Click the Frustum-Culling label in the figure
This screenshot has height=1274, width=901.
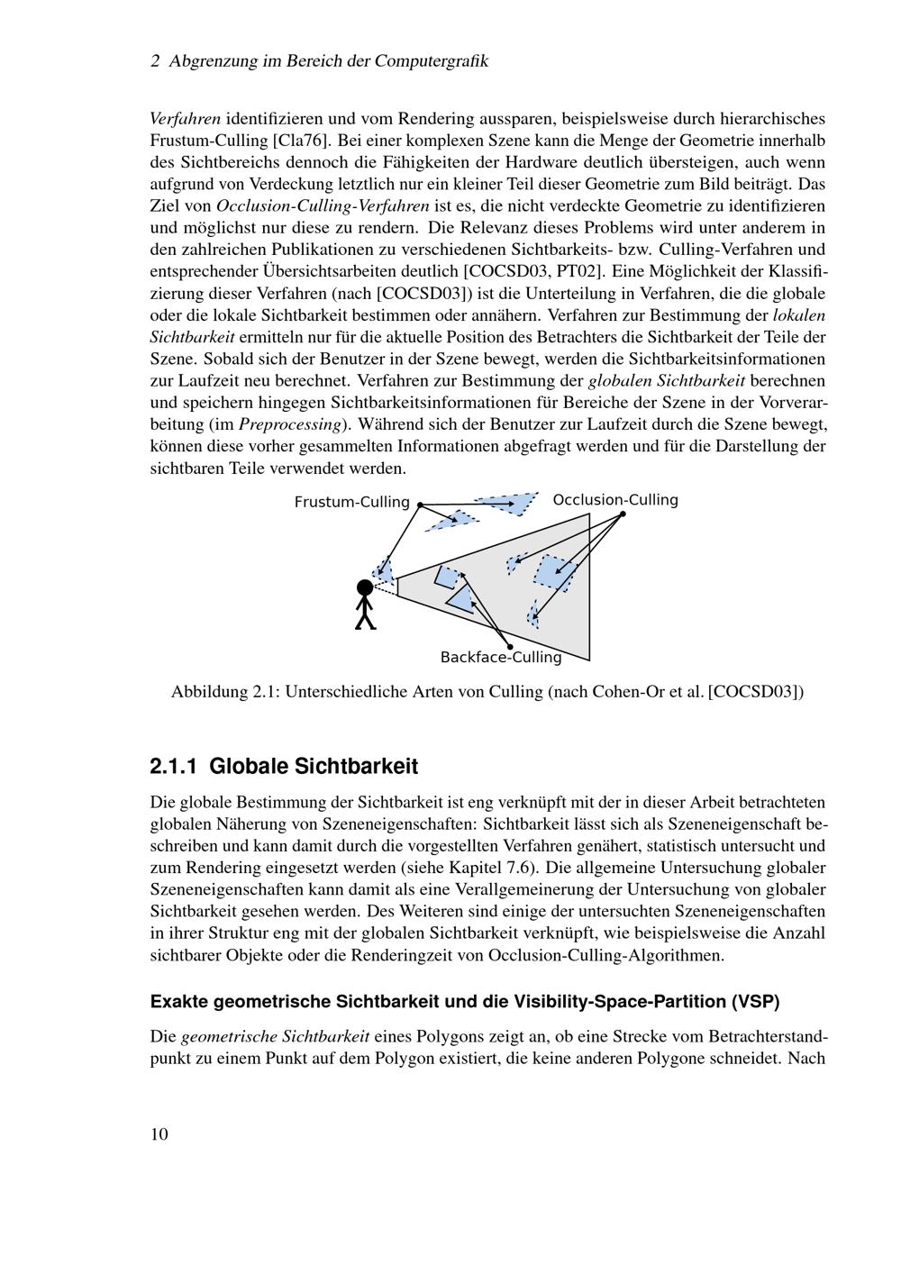point(351,502)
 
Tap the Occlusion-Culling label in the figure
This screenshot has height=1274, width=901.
point(615,500)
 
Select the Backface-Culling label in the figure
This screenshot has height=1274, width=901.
point(500,658)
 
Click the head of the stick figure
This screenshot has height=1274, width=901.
point(365,588)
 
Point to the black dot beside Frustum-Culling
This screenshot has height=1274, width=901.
point(420,505)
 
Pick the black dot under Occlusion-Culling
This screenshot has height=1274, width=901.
point(623,514)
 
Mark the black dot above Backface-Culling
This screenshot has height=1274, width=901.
point(510,647)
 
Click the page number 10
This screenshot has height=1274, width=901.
point(159,1134)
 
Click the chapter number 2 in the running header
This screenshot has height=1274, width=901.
point(155,61)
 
